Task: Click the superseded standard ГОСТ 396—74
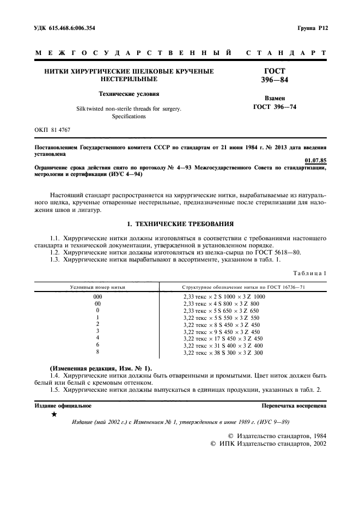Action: (274, 107)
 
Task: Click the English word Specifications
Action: (129, 116)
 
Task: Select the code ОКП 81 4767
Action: (53, 130)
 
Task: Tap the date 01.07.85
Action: (315, 161)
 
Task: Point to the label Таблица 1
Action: (309, 272)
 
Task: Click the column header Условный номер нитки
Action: (97, 286)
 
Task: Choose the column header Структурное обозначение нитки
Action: (243, 286)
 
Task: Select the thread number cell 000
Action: (97, 296)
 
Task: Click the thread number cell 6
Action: (97, 345)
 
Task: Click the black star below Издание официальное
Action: (53, 415)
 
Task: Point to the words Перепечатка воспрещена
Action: (294, 406)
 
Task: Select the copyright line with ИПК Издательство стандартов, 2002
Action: (268, 444)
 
